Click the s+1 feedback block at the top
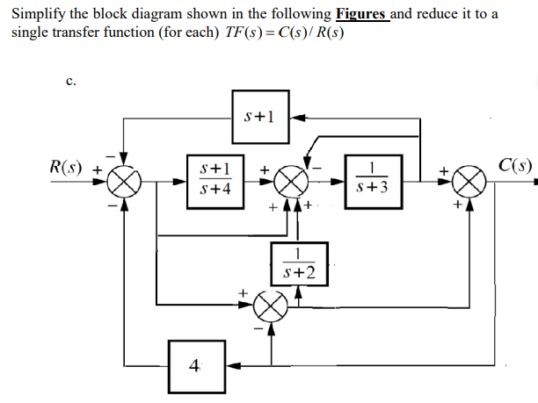[260, 117]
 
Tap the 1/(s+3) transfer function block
[374, 178]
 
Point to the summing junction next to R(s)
[126, 183]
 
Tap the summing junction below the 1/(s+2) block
[268, 308]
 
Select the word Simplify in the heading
[37, 15]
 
